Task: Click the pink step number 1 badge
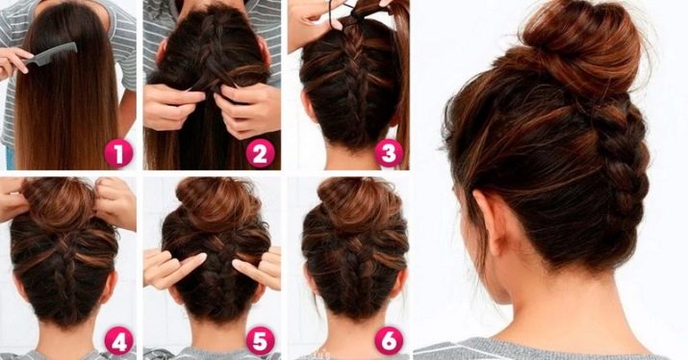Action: click(x=118, y=154)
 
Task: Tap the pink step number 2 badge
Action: click(x=260, y=154)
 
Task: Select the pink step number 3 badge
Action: click(x=389, y=154)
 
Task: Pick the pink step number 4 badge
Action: click(x=118, y=342)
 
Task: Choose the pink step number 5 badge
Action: click(x=260, y=342)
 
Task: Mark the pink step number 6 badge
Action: click(x=389, y=341)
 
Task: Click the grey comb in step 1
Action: click(x=50, y=54)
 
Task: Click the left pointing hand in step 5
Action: click(x=172, y=268)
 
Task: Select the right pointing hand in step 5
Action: click(x=258, y=268)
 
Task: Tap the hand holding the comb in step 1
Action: click(x=14, y=62)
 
